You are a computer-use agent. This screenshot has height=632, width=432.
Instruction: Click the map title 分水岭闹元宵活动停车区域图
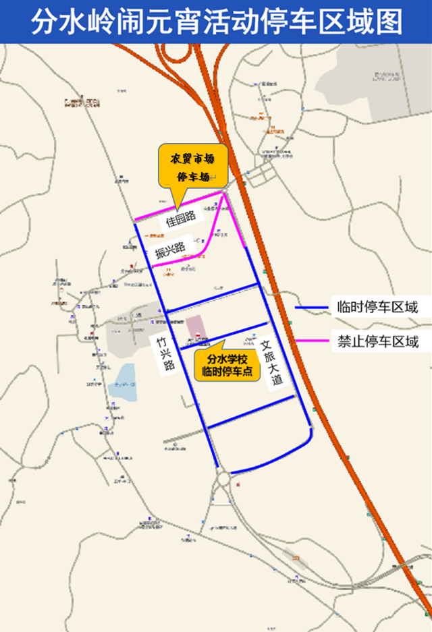[216, 21]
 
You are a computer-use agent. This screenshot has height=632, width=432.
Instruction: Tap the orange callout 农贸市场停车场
[192, 166]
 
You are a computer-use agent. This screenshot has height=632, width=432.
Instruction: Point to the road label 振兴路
[169, 250]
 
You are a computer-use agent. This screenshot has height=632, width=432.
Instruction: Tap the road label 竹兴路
[165, 355]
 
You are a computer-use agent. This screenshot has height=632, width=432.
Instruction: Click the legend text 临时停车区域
[377, 308]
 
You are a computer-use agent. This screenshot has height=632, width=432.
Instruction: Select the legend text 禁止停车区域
[377, 341]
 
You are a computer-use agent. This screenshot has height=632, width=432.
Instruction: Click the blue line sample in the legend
[313, 308]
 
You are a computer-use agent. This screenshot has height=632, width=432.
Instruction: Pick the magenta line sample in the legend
[313, 341]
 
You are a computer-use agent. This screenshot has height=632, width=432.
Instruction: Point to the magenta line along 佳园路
[179, 206]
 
